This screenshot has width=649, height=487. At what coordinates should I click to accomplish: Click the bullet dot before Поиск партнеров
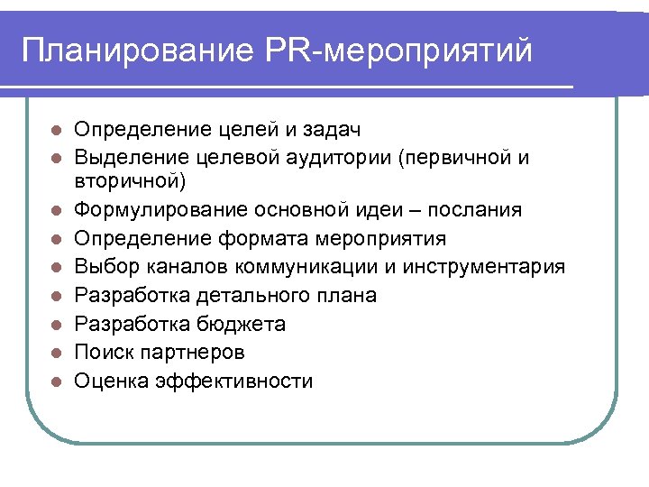pyautogui.click(x=56, y=353)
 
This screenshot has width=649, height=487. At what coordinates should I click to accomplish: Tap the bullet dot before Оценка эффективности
pyautogui.click(x=56, y=381)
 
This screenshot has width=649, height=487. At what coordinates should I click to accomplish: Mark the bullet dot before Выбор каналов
pyautogui.click(x=56, y=267)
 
